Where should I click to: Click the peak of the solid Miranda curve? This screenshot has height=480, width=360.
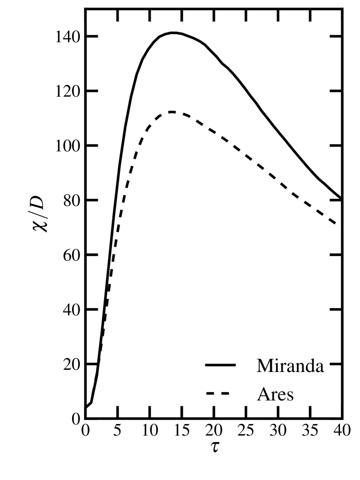click(x=173, y=32)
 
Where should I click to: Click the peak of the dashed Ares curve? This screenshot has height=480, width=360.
click(x=171, y=112)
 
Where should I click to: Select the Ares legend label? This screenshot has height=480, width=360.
click(x=275, y=394)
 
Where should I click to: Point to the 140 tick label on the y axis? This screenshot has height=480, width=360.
click(x=68, y=36)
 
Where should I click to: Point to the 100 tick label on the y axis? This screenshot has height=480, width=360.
click(x=68, y=146)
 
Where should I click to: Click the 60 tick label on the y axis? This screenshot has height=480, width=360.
click(x=71, y=255)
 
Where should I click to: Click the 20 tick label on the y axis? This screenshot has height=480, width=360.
click(x=71, y=364)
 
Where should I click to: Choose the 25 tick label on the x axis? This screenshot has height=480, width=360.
click(x=245, y=431)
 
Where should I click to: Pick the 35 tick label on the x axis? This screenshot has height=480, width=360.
click(x=310, y=431)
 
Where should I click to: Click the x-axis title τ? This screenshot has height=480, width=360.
click(x=214, y=446)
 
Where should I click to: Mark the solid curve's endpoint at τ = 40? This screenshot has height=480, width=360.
click(x=342, y=199)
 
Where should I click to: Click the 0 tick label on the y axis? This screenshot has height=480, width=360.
click(x=76, y=419)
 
